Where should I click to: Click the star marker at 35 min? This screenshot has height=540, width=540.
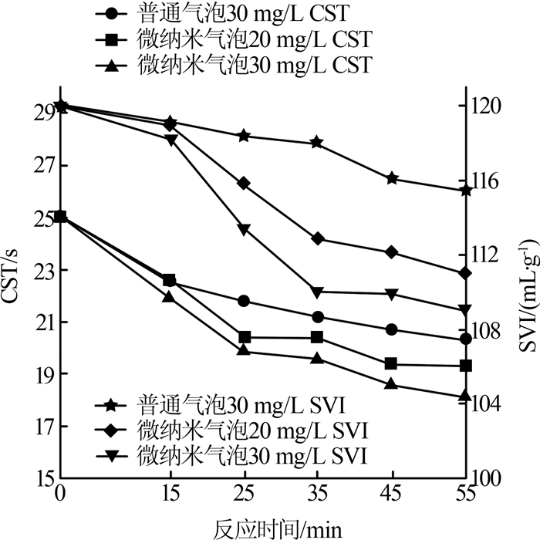coord(316,143)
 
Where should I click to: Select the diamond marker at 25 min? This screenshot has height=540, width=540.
coord(245,183)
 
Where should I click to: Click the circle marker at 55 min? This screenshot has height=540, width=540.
coord(464,339)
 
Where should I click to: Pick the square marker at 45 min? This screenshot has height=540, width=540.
coord(391,363)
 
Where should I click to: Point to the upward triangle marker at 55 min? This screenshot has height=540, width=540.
coord(464,396)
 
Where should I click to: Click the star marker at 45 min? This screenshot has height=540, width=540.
coord(391,178)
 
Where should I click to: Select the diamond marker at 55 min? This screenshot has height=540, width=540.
coord(464,273)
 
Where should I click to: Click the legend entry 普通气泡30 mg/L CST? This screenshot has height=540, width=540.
coord(231,13)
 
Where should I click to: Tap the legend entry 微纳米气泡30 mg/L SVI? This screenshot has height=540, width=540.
coord(231,451)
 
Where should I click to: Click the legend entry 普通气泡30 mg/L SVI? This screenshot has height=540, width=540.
coord(231,403)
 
